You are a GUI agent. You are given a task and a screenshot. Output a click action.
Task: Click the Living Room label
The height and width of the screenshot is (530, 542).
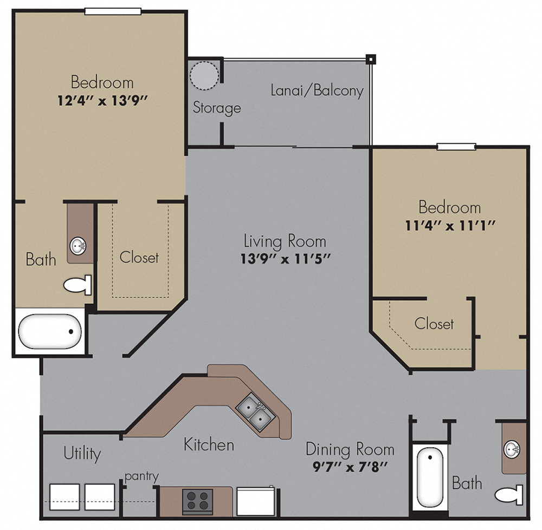pos(285,240)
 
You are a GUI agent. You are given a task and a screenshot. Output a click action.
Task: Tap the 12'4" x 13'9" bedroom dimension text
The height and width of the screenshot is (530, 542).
pos(102,100)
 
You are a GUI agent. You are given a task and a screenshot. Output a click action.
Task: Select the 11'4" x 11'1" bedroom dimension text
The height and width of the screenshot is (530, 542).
pos(449,225)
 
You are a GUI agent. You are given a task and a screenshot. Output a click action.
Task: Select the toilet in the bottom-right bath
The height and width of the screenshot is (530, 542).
pos(509,495)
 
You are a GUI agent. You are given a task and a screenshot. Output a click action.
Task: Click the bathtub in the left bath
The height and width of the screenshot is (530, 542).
pos(49,331)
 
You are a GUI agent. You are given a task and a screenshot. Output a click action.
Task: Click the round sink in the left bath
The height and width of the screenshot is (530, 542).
pos(78,247)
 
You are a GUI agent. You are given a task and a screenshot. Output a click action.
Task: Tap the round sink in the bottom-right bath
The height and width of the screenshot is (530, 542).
pos(512,449)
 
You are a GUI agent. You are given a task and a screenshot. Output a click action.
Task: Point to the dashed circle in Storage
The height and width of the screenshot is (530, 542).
pos(205,75)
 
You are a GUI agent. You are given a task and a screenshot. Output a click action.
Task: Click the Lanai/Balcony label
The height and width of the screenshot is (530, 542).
pos(317,90)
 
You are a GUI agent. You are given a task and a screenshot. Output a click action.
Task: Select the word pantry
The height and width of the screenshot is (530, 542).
pos(141,476)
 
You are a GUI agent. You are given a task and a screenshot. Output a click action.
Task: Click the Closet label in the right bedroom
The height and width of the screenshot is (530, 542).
pos(434,324)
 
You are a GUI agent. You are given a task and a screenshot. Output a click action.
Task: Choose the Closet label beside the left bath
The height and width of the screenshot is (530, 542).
pos(139,257)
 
